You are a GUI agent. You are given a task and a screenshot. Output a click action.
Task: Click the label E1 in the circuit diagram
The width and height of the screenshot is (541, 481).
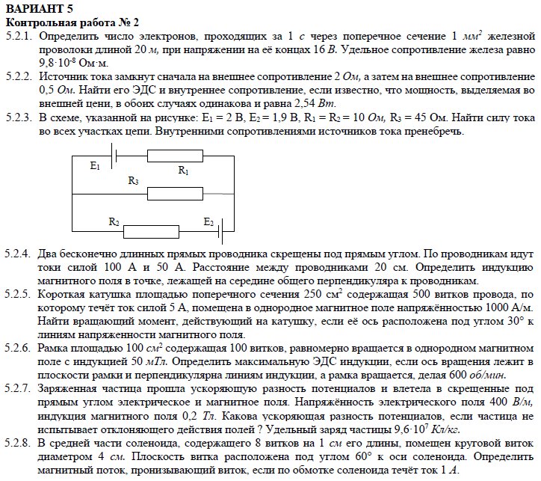click(94, 166)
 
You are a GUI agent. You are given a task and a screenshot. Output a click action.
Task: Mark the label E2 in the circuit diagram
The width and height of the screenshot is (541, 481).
click(208, 221)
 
